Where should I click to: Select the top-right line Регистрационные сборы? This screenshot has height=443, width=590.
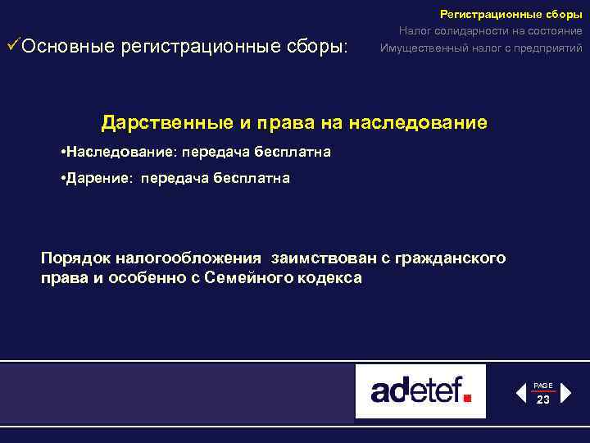(511, 14)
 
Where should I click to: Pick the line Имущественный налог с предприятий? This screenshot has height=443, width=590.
(481, 48)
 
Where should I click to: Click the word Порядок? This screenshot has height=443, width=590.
(74, 258)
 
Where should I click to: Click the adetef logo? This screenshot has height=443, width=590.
(420, 390)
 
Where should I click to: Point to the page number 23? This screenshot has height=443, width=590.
(543, 400)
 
